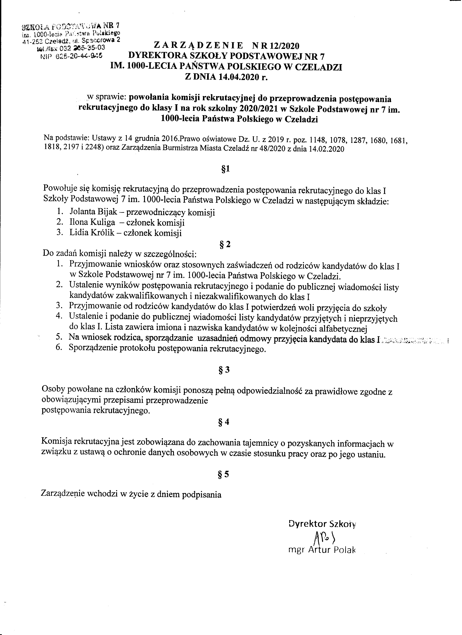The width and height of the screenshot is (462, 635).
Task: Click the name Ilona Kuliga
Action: (x=92, y=223)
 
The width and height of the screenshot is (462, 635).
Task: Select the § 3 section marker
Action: (x=224, y=370)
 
